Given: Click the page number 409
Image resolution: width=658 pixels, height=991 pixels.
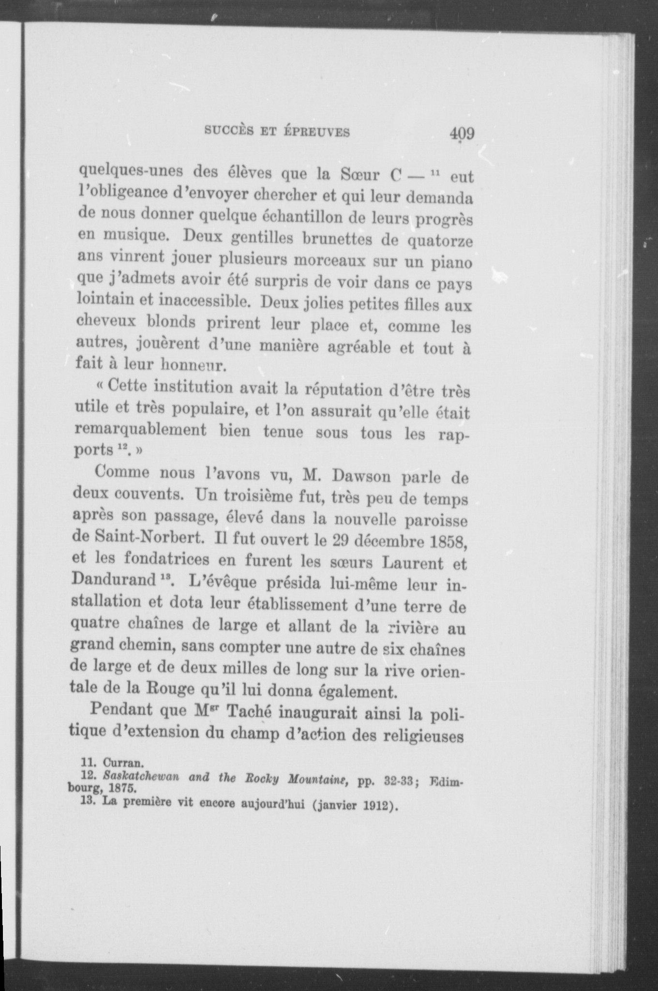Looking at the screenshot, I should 461,133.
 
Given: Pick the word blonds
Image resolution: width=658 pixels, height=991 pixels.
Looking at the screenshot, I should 171,322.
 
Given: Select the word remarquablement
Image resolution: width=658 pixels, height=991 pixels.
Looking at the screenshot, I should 142,430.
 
